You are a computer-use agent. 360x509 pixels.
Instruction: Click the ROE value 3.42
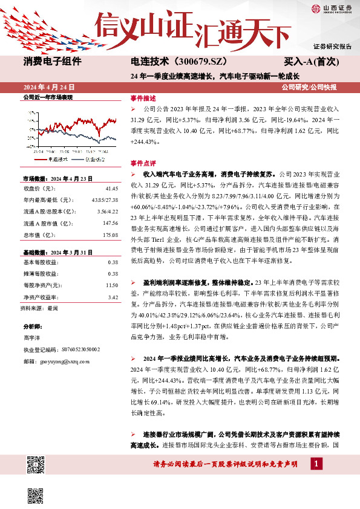point(113,297)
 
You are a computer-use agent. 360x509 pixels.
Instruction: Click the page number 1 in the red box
point(316,464)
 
